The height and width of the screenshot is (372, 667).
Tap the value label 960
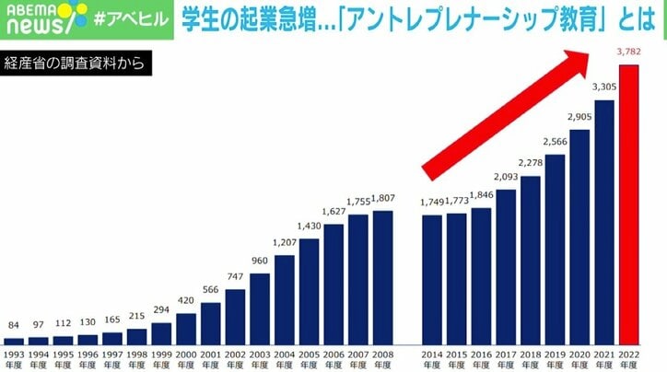pyautogui.click(x=259, y=262)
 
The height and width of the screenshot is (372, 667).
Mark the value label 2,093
pyautogui.click(x=506, y=177)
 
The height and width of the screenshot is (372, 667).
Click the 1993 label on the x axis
pyautogui.click(x=14, y=359)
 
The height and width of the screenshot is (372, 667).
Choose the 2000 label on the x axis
pyautogui.click(x=185, y=359)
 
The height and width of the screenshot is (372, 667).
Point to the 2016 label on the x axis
pyautogui.click(x=481, y=359)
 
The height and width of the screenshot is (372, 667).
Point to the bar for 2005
pyautogui.click(x=309, y=289)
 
